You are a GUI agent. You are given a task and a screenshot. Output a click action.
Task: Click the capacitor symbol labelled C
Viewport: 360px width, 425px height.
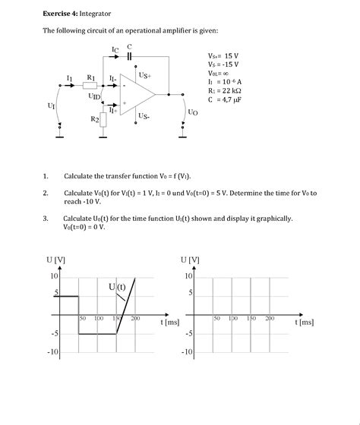click(129, 57)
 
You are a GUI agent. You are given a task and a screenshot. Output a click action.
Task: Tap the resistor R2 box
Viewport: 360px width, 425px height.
click(104, 119)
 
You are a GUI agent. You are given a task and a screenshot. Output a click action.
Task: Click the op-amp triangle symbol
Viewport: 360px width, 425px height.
click(137, 95)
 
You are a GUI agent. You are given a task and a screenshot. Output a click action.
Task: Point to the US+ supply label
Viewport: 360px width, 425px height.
click(144, 76)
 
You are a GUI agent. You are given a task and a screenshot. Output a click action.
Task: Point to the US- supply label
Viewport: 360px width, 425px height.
click(144, 116)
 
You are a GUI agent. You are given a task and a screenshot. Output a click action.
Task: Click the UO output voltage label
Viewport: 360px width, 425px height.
click(192, 112)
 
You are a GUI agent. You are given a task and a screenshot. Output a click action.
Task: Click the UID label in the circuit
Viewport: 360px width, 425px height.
click(93, 97)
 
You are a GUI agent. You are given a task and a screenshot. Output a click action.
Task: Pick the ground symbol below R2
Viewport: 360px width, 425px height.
click(104, 137)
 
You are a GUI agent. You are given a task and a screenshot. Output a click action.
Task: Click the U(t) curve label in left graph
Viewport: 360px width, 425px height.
click(116, 287)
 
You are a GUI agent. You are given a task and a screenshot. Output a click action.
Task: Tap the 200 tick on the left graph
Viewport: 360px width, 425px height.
click(136, 318)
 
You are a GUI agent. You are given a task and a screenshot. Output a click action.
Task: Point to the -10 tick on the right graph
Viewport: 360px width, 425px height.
click(186, 352)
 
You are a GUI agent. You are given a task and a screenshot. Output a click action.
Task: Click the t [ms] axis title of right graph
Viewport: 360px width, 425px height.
click(305, 322)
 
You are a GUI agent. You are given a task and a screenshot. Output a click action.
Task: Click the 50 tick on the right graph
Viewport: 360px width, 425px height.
click(216, 318)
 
